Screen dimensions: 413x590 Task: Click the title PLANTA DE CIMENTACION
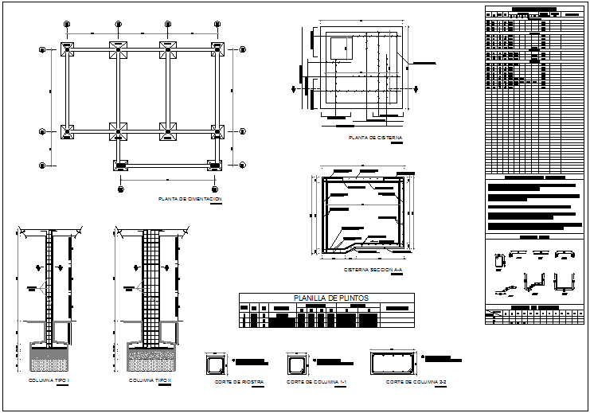point(190,198)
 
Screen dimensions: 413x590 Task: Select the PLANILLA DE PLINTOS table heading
point(326,298)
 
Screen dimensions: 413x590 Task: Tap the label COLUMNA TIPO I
point(49,381)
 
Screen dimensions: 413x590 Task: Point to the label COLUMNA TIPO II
point(150,381)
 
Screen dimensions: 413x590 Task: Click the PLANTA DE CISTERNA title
point(376,138)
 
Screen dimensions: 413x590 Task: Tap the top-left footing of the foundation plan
point(68,50)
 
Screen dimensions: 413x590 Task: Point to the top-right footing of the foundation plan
point(216,50)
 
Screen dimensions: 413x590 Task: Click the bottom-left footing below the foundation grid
point(120,166)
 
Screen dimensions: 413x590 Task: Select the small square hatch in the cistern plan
point(341,48)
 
